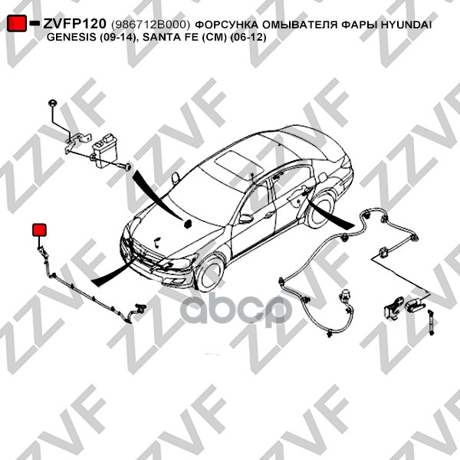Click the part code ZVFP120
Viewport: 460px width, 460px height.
74,24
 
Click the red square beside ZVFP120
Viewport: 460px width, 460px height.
16,23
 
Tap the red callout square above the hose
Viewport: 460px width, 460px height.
39,230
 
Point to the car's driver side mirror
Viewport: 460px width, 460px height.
246,219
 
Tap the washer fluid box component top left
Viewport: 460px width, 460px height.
105,151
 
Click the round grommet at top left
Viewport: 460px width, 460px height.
52,103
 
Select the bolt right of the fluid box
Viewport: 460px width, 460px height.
125,166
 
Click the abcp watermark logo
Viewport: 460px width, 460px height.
236,310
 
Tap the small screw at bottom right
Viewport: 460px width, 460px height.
430,323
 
